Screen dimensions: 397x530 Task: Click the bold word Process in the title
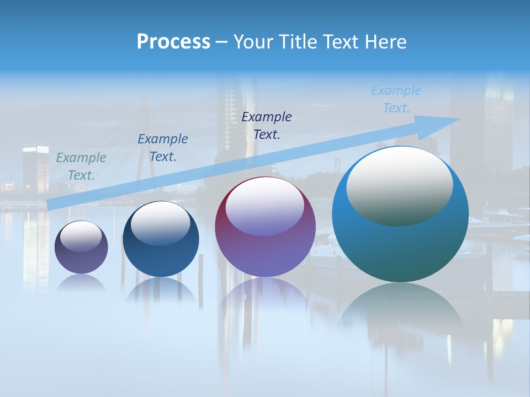[173, 42]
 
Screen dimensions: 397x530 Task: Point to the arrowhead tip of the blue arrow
[459, 119]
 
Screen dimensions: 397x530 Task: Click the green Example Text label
[81, 166]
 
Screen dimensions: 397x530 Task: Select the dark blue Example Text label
[163, 147]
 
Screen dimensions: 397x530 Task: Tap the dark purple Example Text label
[267, 125]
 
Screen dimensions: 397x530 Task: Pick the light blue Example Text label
[396, 99]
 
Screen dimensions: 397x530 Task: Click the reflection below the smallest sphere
[81, 283]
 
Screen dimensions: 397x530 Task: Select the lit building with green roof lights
[36, 168]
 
